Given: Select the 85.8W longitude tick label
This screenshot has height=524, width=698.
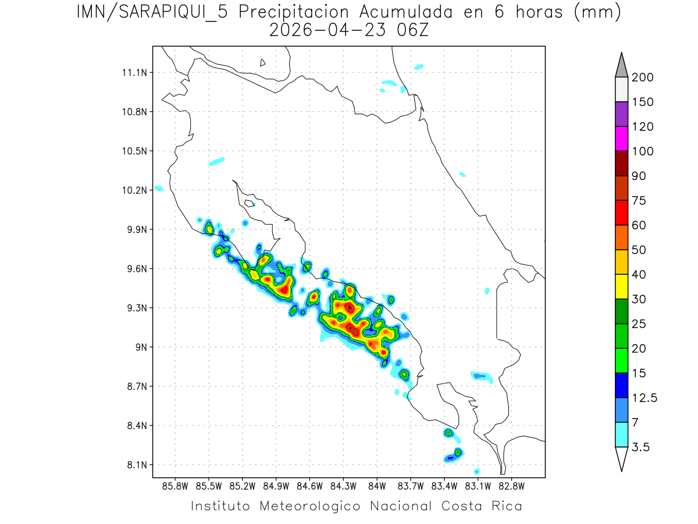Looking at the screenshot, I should point(176,485).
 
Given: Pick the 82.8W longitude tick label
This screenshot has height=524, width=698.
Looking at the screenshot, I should point(511,485).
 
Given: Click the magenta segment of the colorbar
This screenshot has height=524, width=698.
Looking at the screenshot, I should point(621,139).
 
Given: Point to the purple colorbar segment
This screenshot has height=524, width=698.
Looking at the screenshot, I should point(621,114).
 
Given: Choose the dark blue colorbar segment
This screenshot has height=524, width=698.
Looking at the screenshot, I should point(621,385).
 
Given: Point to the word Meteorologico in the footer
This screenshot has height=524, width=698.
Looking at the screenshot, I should point(311,505).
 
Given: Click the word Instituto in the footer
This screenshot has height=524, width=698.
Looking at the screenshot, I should point(220,505).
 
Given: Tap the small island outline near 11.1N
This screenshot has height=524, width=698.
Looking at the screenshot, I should point(263,62).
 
